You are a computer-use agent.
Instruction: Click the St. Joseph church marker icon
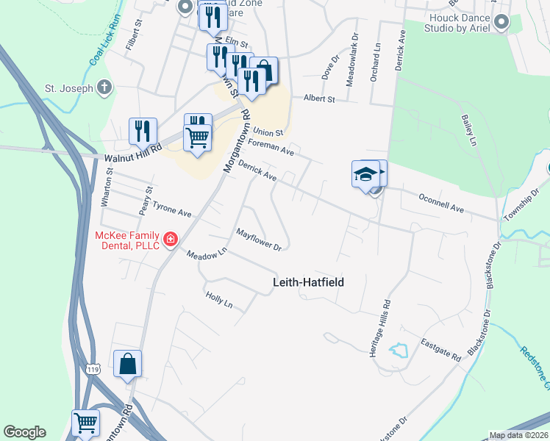pos(104,88)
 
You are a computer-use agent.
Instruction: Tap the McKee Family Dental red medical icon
pos(171,240)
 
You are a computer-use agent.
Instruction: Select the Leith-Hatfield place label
pos(308,282)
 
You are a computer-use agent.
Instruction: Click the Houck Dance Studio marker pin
pos(502,21)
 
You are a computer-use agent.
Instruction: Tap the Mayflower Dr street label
pos(259,239)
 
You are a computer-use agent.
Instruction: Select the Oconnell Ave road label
pos(441,204)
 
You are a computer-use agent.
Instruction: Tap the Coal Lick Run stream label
pos(104,51)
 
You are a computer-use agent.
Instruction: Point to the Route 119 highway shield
pos(92,367)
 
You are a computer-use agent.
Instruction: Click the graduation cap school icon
pos(365,174)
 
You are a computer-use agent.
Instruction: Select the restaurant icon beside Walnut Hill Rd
pos(143,131)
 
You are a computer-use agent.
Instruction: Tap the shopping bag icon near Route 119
pos(128,363)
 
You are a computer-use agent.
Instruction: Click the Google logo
pos(24,432)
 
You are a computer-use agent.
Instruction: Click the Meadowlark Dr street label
pos(351,58)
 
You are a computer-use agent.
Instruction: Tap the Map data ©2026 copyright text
pos(518,435)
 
